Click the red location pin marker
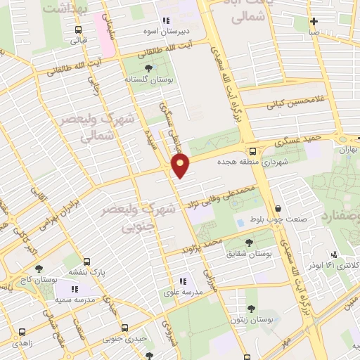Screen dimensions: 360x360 (x=181, y=166)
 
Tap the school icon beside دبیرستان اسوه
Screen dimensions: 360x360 (x=167, y=21)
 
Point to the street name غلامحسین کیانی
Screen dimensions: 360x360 (x=295, y=103)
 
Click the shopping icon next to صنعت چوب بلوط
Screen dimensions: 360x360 (x=279, y=209)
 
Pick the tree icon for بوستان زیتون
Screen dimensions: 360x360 (x=251, y=308)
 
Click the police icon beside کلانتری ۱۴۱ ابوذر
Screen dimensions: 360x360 (x=333, y=255)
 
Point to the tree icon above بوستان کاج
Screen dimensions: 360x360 (x=38, y=269)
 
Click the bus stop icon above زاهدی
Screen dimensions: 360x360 (x=22, y=331)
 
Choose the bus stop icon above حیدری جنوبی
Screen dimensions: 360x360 (x=124, y=328)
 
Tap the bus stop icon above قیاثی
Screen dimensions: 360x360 (x=77, y=30)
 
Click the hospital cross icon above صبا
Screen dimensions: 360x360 (x=314, y=20)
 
